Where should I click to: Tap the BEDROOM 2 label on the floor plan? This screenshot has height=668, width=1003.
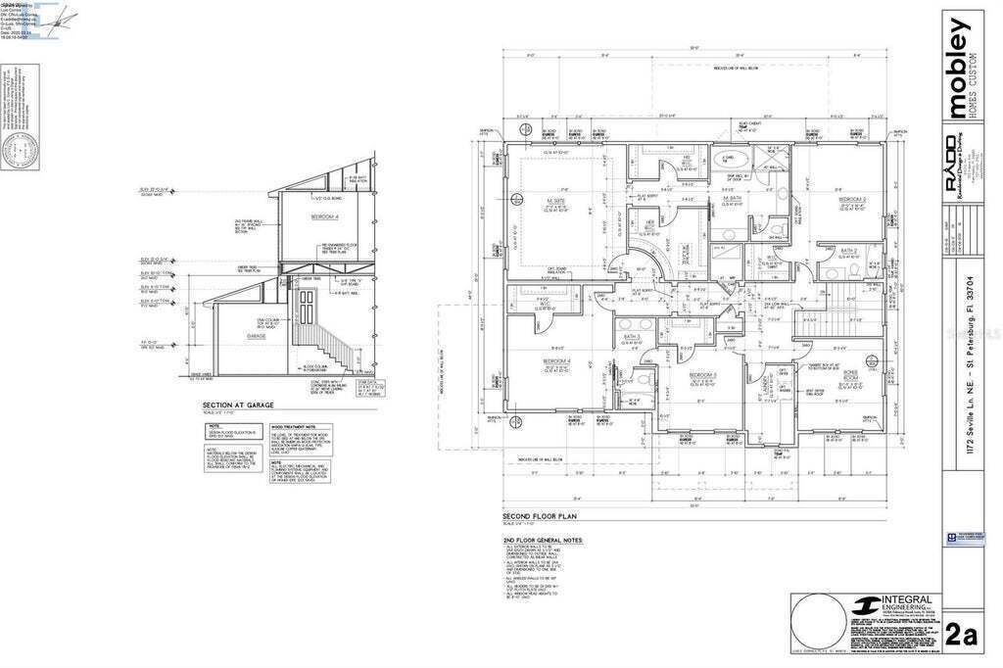(x=848, y=199)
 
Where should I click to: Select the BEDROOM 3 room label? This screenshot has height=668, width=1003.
(x=702, y=375)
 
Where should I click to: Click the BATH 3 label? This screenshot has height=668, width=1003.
(x=632, y=338)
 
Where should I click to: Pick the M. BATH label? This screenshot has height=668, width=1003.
(x=732, y=199)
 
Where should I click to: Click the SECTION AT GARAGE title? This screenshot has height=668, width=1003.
(x=237, y=405)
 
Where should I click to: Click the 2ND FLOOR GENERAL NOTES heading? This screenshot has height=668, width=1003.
(x=542, y=540)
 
